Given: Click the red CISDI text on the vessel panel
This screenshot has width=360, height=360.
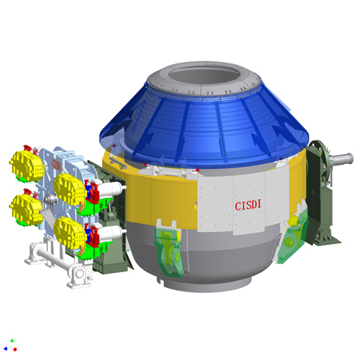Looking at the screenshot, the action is (x=248, y=206).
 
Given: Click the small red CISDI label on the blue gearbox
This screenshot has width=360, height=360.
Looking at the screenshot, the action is (x=56, y=164).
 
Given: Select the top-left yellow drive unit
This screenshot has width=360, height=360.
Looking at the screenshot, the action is (x=27, y=166).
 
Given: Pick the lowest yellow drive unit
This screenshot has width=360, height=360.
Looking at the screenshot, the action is (x=70, y=233).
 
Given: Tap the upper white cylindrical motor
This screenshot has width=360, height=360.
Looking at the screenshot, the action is (x=112, y=188).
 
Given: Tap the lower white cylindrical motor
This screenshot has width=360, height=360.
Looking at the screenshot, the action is (x=112, y=233).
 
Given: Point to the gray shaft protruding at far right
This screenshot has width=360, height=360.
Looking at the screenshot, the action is (x=341, y=158).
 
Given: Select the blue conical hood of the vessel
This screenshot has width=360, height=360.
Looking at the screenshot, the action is (x=204, y=130).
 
